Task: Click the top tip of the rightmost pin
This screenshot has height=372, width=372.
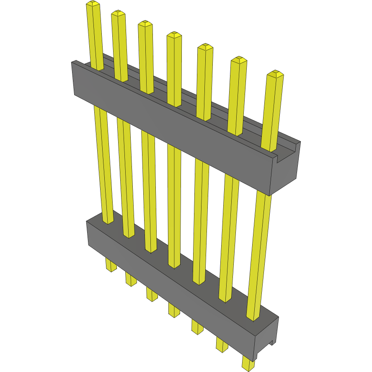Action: pyautogui.click(x=275, y=74)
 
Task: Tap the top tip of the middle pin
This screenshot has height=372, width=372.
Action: pyautogui.click(x=174, y=35)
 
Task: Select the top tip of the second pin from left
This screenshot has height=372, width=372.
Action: pyautogui.click(x=118, y=13)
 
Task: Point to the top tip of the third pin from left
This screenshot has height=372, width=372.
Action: pyautogui.click(x=145, y=23)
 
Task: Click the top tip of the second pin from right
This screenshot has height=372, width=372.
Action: pyautogui.click(x=238, y=60)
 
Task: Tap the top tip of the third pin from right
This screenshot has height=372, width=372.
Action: pyautogui.click(x=205, y=46)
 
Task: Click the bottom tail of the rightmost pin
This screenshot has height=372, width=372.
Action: pyautogui.click(x=248, y=364)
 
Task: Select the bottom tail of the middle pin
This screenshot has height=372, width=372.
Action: pyautogui.click(x=174, y=311)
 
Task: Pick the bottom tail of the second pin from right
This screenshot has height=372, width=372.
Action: pyautogui.click(x=222, y=345)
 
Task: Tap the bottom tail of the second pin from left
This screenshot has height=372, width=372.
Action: pyautogui.click(x=131, y=280)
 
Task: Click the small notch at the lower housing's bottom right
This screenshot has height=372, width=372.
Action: pyautogui.click(x=272, y=343)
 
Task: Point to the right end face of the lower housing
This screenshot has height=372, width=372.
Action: pyautogui.click(x=266, y=337)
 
